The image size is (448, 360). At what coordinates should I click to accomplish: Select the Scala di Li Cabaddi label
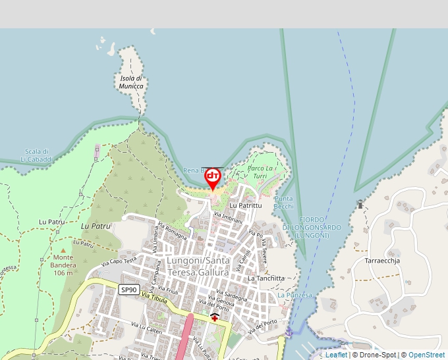(36, 155)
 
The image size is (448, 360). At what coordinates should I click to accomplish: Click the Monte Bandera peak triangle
(64, 250)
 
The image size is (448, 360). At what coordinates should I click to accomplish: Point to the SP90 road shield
(128, 290)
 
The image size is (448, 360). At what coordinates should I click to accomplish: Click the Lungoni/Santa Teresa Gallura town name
(198, 267)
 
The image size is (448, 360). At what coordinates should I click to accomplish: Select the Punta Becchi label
(284, 203)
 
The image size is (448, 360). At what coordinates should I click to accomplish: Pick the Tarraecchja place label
(382, 261)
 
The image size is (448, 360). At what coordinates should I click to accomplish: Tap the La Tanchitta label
(266, 278)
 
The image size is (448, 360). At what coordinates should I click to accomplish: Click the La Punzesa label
(294, 296)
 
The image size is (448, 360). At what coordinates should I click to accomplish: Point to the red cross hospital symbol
(215, 317)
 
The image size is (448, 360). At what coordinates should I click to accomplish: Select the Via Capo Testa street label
(118, 262)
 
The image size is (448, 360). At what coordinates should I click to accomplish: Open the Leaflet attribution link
(336, 355)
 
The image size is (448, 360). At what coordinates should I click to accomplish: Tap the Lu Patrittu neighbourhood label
(246, 205)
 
